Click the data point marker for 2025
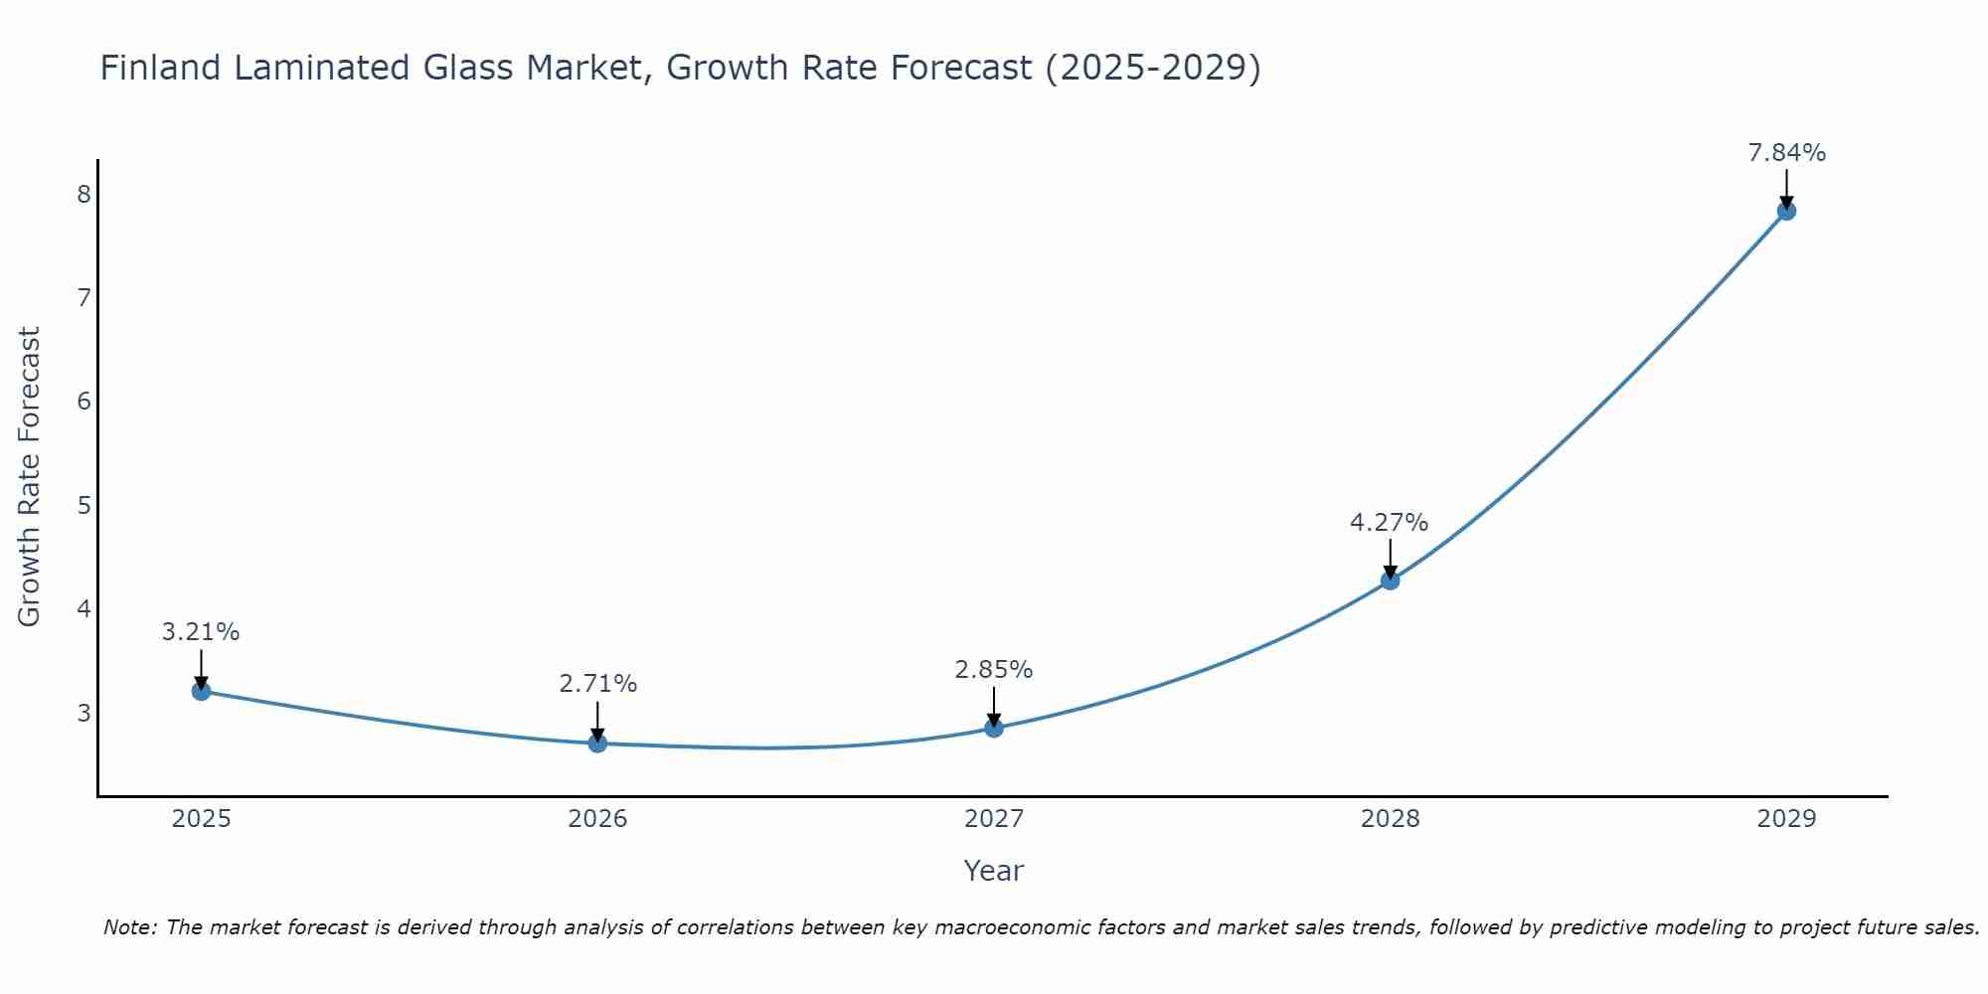pyautogui.click(x=201, y=691)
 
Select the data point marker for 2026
pyautogui.click(x=597, y=743)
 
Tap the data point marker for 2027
pyautogui.click(x=994, y=728)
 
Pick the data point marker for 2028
pyautogui.click(x=1390, y=580)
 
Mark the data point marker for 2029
pyautogui.click(x=1786, y=211)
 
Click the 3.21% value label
pyautogui.click(x=201, y=632)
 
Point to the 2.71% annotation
pyautogui.click(x=597, y=684)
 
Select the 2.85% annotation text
pyautogui.click(x=994, y=670)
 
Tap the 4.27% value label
pyautogui.click(x=1390, y=523)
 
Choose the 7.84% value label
pyautogui.click(x=1786, y=153)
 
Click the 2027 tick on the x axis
pyautogui.click(x=994, y=819)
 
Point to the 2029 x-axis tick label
pyautogui.click(x=1786, y=819)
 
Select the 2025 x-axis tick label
pyautogui.click(x=201, y=819)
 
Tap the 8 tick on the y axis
pyautogui.click(x=83, y=194)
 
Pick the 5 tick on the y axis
pyautogui.click(x=83, y=505)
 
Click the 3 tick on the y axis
pyautogui.click(x=83, y=713)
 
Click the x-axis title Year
pyautogui.click(x=994, y=871)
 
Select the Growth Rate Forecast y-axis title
pyautogui.click(x=30, y=477)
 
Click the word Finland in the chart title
pyautogui.click(x=160, y=68)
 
